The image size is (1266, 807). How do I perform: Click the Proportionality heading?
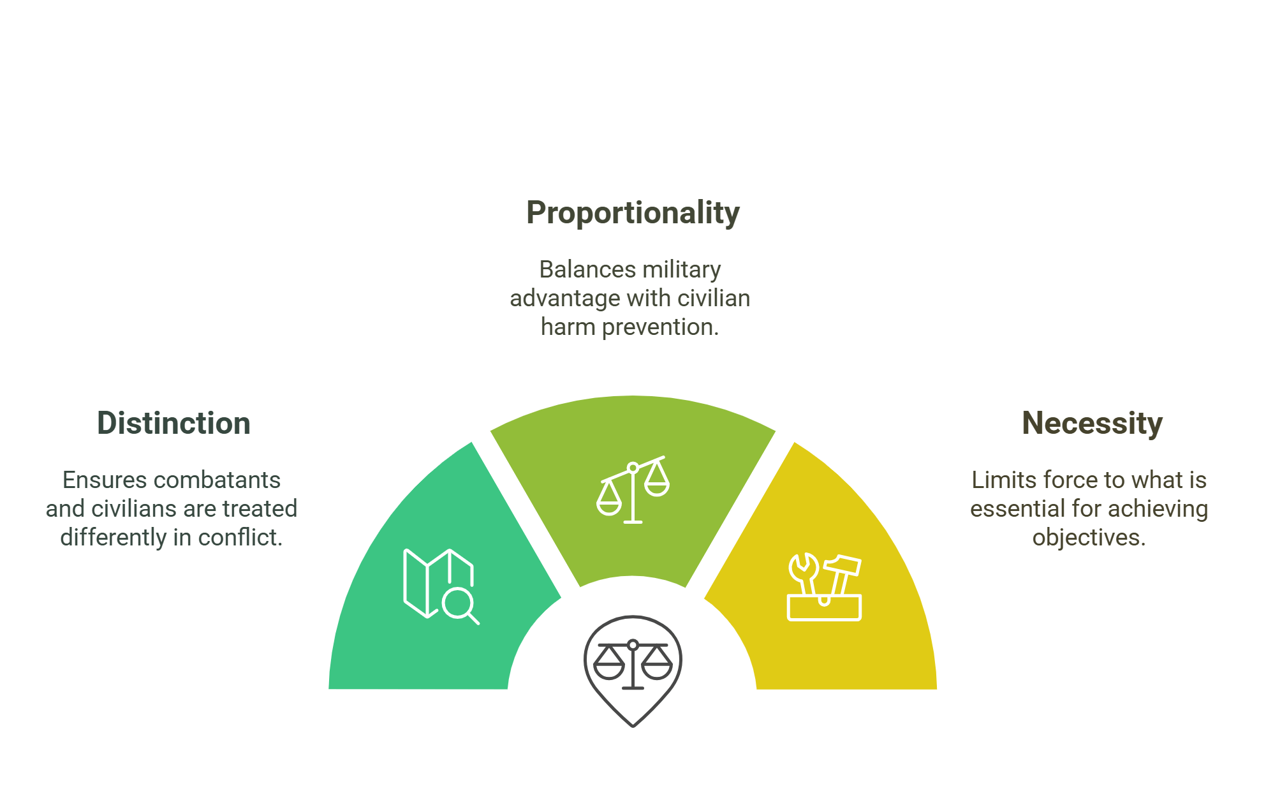[633, 213]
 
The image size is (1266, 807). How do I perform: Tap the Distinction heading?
[173, 424]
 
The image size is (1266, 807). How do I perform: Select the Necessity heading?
[1092, 424]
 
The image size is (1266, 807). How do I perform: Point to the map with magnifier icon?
[441, 586]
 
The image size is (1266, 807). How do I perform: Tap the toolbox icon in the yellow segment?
[824, 588]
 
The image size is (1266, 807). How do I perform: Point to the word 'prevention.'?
[660, 327]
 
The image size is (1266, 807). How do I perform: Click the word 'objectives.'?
[1089, 538]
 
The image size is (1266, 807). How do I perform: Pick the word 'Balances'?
[578, 270]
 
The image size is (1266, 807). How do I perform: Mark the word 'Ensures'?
[105, 480]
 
